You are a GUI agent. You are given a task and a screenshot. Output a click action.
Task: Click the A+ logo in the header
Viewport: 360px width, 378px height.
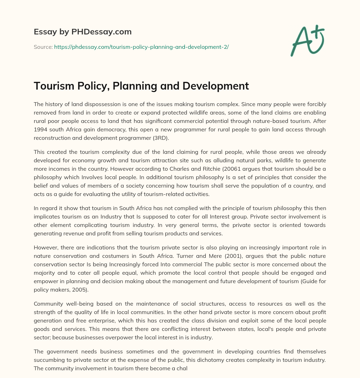click(x=307, y=41)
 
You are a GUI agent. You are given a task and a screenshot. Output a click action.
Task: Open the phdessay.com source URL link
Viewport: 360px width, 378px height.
click(x=141, y=46)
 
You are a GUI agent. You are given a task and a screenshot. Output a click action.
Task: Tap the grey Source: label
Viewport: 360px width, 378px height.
click(x=43, y=46)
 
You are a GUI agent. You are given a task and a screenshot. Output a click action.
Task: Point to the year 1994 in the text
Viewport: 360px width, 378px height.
click(x=41, y=129)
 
